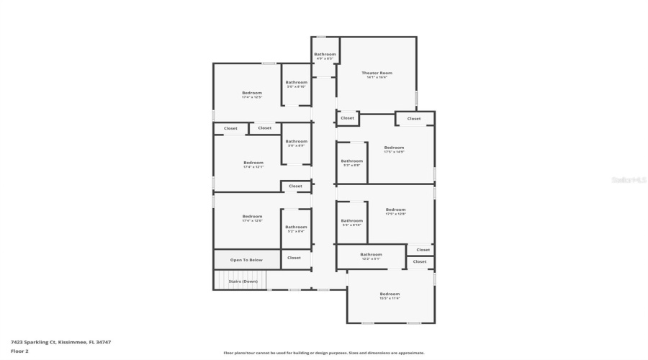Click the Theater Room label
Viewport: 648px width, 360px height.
[x=377, y=74]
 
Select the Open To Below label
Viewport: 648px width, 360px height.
[x=246, y=259]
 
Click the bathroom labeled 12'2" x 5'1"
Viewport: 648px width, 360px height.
[x=371, y=256]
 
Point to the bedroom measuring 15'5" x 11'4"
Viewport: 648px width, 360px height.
[x=390, y=295]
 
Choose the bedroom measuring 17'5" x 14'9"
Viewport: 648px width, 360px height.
[x=394, y=149]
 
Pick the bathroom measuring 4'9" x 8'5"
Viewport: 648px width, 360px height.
[x=325, y=55]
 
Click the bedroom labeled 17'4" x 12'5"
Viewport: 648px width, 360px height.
[x=252, y=94]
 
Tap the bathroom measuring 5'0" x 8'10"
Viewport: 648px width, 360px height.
[x=296, y=84]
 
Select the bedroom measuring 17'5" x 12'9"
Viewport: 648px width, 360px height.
[x=396, y=211]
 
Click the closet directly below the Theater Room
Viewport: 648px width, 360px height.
[x=347, y=118]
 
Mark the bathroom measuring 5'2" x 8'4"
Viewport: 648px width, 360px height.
[x=296, y=229]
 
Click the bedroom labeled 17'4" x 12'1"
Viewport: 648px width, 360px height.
[x=253, y=164]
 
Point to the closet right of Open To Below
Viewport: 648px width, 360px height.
[x=294, y=258]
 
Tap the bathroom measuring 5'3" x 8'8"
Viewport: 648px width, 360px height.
[x=351, y=163]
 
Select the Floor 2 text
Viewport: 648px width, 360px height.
[x=19, y=351]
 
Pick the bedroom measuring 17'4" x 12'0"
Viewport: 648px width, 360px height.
[x=252, y=218]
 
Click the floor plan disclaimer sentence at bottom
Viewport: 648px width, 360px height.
[x=324, y=353]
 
